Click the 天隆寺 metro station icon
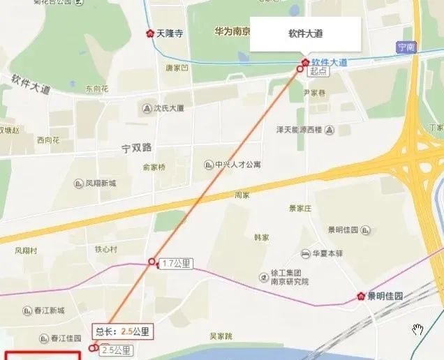pos(149,33)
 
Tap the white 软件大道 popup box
pos(305,33)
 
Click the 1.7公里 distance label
pos(176,264)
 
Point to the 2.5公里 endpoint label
pos(115,350)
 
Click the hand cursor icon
pos(417,329)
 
